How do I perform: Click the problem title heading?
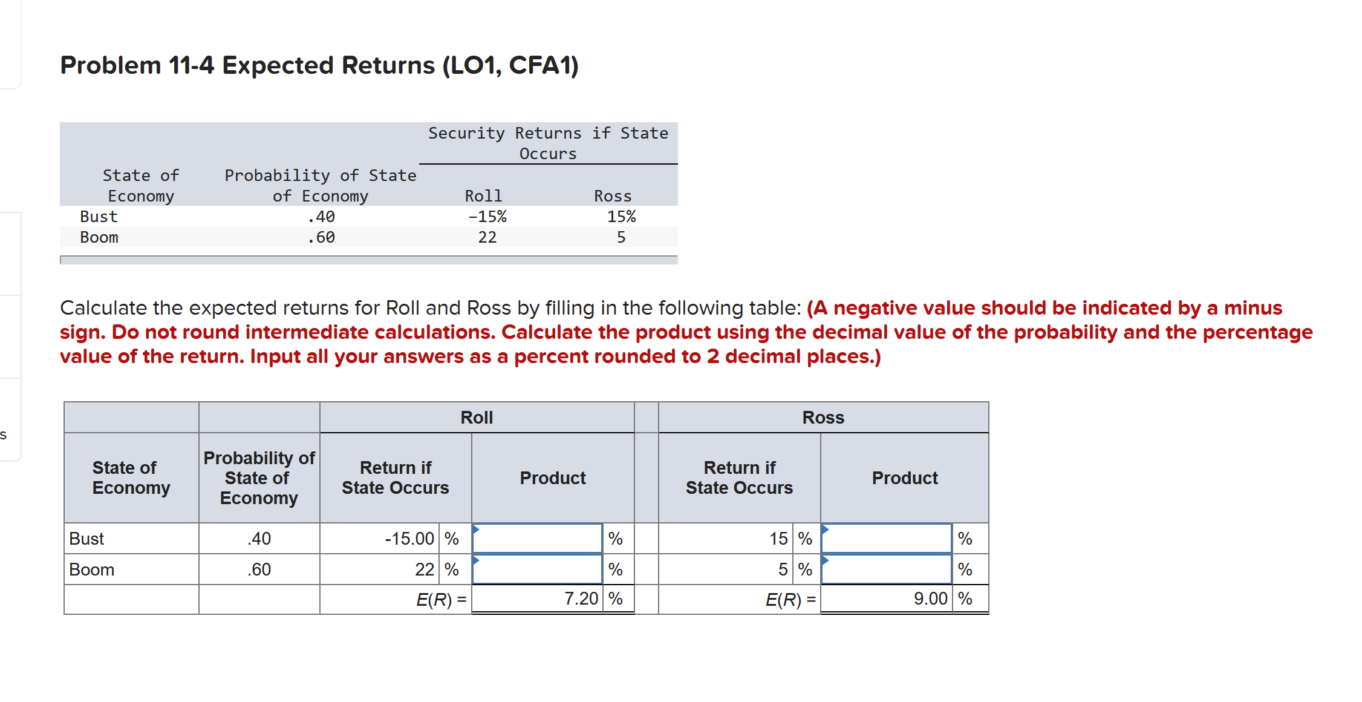coord(319,65)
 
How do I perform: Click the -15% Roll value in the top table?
coord(487,217)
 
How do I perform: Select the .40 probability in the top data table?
coord(321,217)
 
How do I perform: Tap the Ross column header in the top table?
coord(613,196)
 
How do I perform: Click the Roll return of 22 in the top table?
coord(487,237)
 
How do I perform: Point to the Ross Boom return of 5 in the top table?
coord(621,237)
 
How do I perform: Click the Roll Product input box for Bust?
coord(537,539)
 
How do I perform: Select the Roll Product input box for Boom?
coord(537,569)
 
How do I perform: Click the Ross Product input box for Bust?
coord(887,539)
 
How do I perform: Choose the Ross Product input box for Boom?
coord(887,569)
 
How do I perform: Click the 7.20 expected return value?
coord(581,599)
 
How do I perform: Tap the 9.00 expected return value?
coord(930,599)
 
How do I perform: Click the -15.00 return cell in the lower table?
coord(409,539)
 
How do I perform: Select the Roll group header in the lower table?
coord(477,418)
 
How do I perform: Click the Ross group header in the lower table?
coord(823,418)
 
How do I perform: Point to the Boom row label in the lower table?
coord(92,569)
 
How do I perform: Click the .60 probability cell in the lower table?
coord(259,569)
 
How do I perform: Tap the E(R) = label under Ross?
coord(790,599)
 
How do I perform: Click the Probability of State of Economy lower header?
coord(259,478)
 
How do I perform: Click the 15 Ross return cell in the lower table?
coord(778,539)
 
